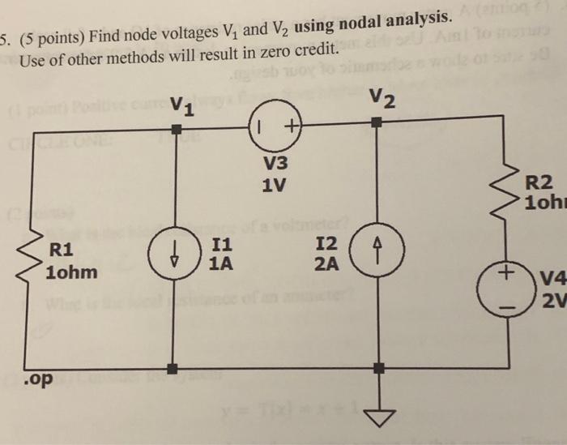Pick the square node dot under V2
coord(376,123)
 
